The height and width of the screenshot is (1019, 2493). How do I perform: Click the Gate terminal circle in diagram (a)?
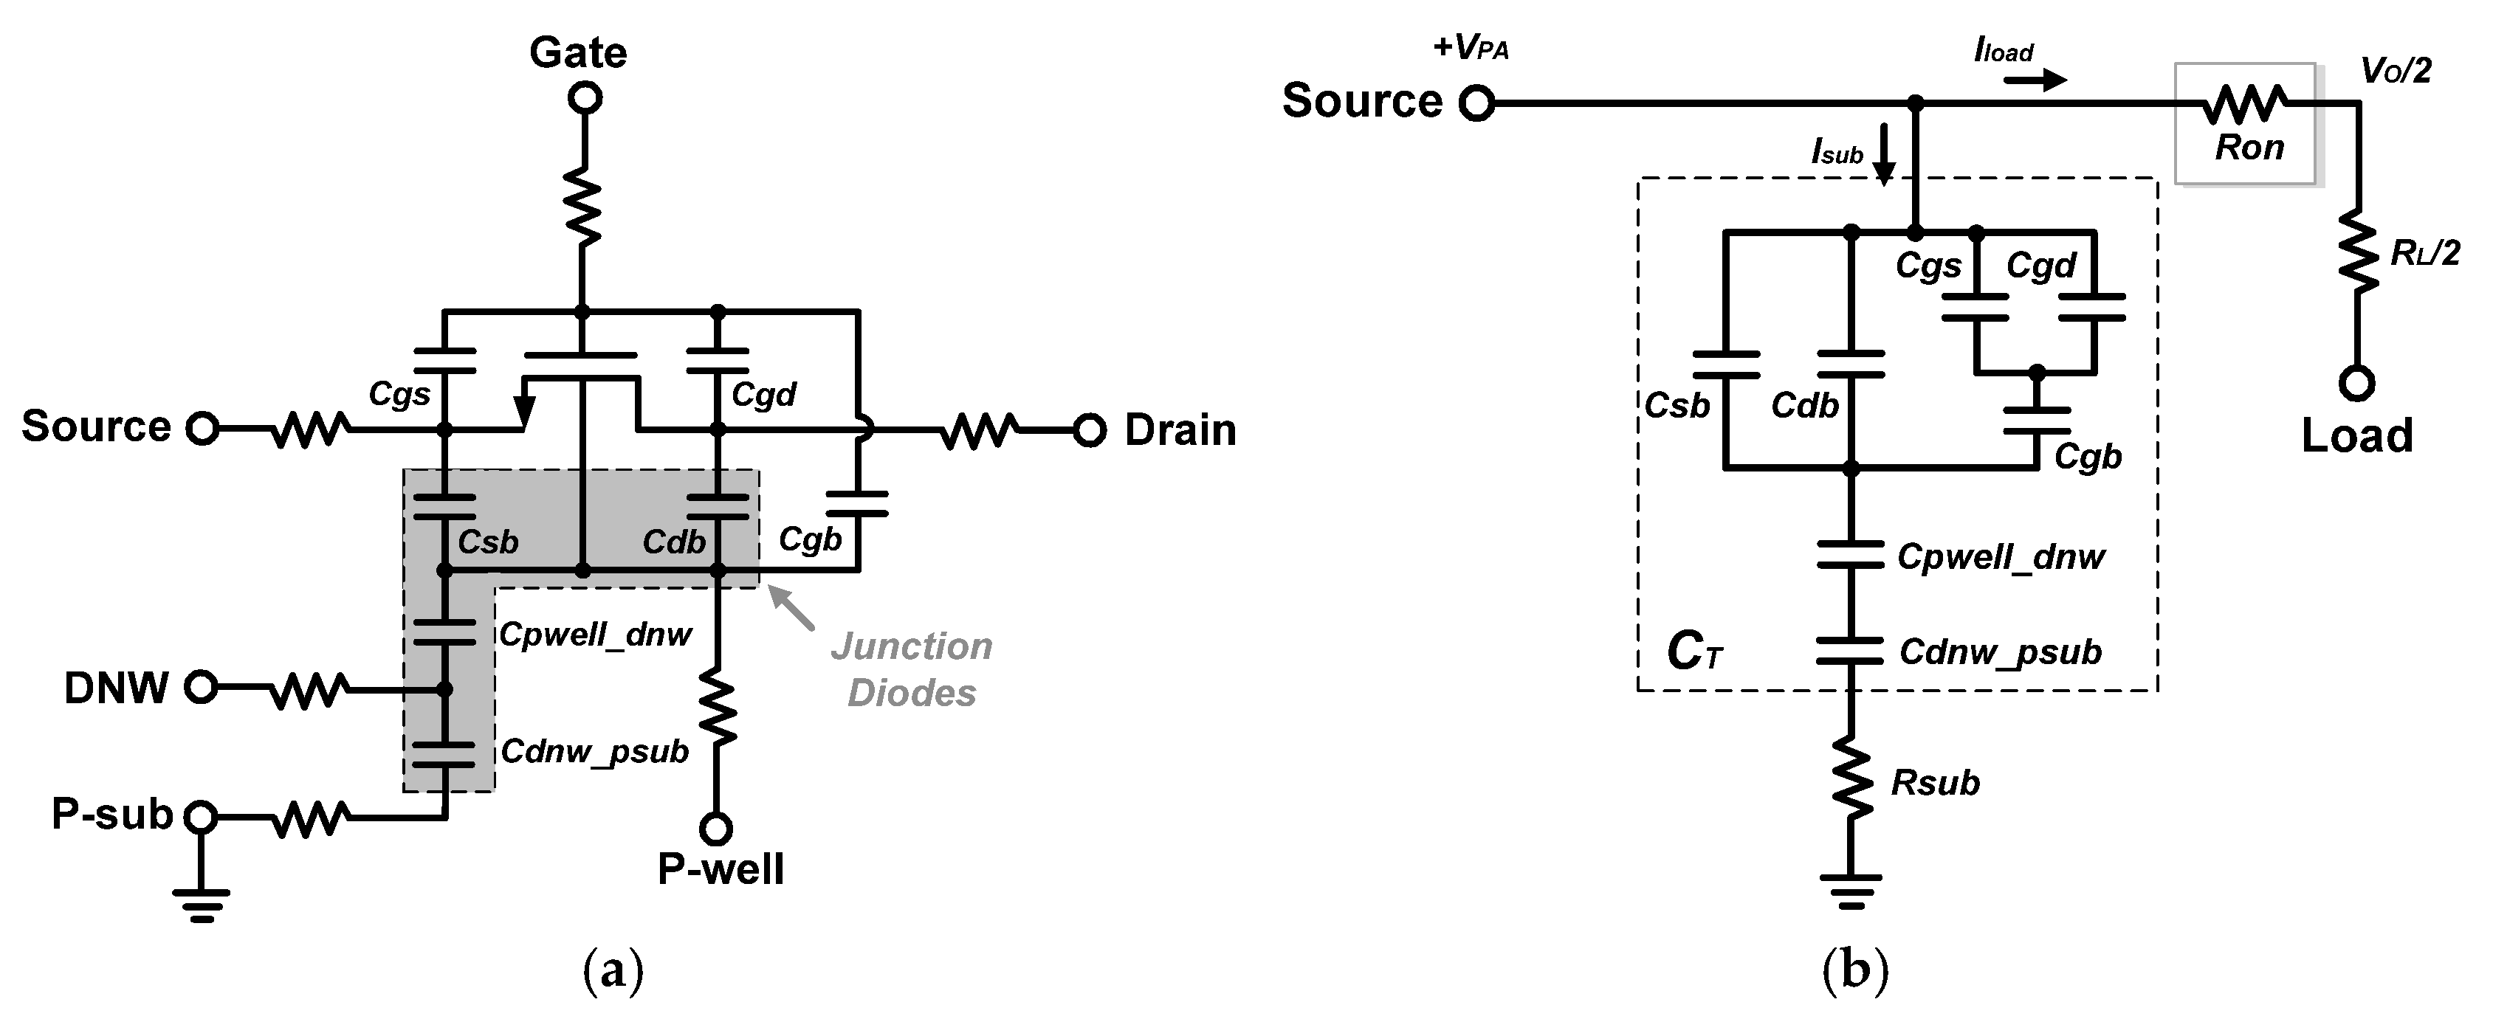tap(585, 97)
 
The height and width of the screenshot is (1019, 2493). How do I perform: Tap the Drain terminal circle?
tap(1090, 429)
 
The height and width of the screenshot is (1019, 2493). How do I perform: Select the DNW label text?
tap(116, 688)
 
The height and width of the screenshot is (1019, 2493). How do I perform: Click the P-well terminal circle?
tap(716, 829)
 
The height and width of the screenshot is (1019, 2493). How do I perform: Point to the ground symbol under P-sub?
tap(202, 905)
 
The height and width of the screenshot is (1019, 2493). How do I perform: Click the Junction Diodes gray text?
tap(912, 669)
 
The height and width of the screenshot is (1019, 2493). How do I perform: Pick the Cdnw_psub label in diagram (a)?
tap(594, 751)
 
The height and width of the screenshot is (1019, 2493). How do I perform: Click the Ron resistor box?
tap(2245, 124)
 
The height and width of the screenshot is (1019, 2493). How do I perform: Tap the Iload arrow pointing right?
tap(2035, 80)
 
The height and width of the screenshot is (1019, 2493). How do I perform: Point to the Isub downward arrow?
tap(1883, 155)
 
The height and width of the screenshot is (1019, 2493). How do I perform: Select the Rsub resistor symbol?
tap(1851, 782)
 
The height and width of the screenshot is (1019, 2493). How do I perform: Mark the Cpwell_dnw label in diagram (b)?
tap(2001, 556)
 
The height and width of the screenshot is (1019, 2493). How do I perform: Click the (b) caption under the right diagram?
tap(1854, 970)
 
